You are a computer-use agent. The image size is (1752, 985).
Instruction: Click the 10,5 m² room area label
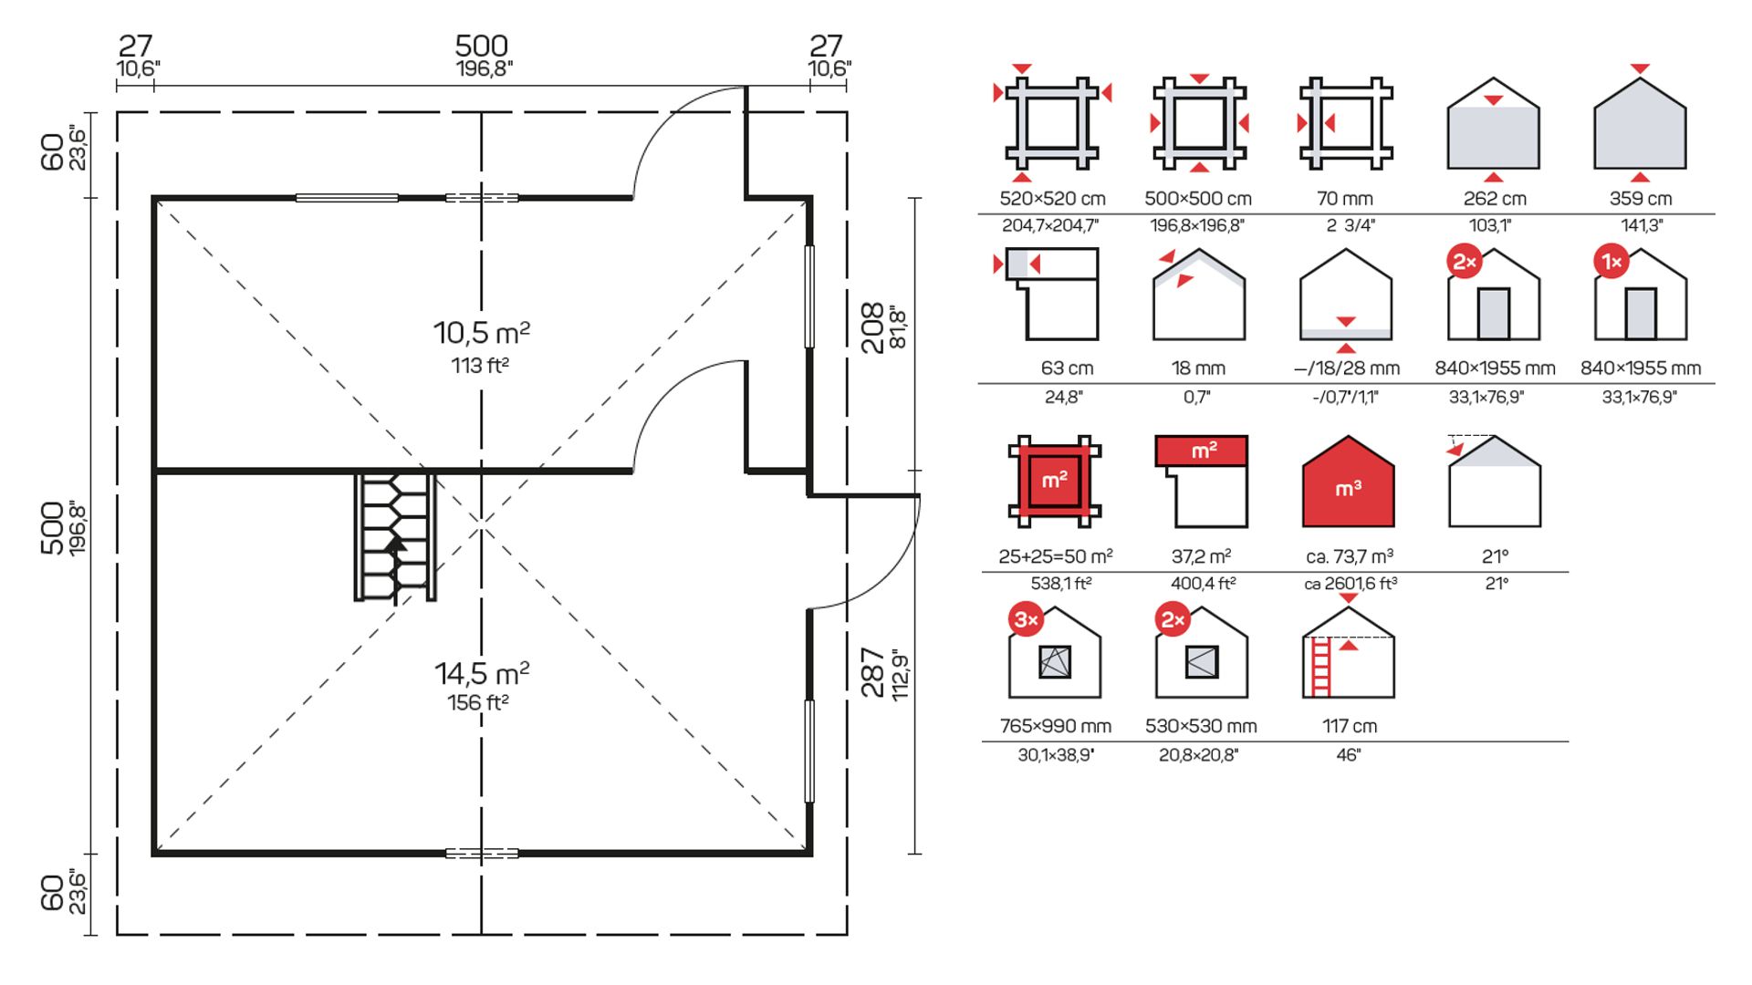[481, 333]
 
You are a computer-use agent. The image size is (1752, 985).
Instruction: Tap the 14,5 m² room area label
[481, 674]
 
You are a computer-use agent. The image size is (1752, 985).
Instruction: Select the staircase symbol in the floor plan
[395, 536]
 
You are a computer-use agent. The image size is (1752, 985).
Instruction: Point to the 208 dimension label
[873, 327]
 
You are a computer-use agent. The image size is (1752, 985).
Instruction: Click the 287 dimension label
[873, 672]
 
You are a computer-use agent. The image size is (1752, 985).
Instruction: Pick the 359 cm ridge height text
[1640, 199]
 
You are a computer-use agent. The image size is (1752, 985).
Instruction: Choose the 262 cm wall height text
[1494, 199]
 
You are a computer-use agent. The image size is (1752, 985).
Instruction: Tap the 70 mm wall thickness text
[1345, 199]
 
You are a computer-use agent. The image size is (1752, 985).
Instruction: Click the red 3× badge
[1026, 620]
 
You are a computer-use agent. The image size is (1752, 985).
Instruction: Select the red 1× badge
[1611, 263]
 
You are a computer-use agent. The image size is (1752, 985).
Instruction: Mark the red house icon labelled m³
[1348, 482]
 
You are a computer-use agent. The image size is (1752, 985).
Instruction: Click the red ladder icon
[1319, 667]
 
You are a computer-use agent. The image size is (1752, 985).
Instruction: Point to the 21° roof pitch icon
[1494, 482]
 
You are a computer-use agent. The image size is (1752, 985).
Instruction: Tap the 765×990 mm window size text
[1055, 727]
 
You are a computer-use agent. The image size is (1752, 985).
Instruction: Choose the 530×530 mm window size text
[1201, 727]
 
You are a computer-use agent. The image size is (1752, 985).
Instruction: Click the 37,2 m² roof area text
[1201, 556]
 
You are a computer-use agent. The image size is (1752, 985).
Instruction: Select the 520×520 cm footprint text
[1052, 199]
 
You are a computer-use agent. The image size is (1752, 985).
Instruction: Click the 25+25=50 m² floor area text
[1055, 556]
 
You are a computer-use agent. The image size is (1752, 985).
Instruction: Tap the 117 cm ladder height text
[1349, 727]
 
